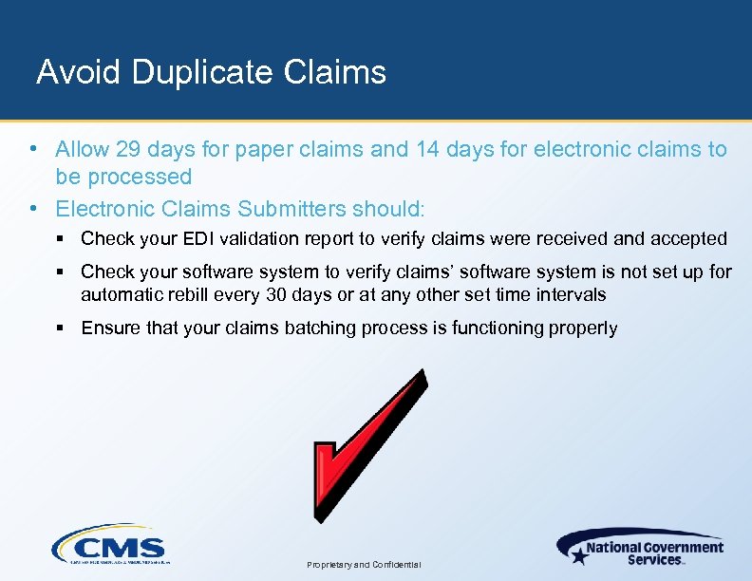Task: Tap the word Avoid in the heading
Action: click(80, 72)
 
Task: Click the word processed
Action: click(141, 177)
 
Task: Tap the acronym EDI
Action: click(209, 239)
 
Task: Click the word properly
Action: click(585, 328)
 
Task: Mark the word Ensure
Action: click(109, 328)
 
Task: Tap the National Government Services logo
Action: click(640, 548)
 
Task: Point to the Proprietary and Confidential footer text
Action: click(365, 565)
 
